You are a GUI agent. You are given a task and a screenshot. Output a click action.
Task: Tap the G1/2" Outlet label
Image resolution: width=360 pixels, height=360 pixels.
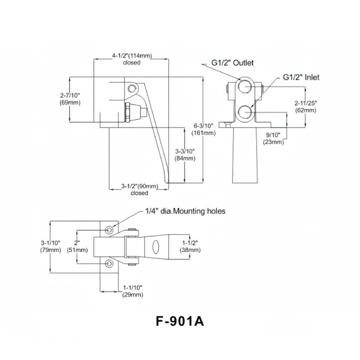[x=233, y=63]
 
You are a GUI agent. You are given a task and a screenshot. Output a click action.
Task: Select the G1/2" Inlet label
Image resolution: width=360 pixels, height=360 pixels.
[x=301, y=77]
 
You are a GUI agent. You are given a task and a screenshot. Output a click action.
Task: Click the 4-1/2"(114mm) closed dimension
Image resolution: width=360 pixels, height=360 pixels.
[x=131, y=59]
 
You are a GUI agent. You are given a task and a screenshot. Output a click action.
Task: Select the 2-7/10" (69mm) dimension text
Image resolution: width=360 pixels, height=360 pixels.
[x=70, y=99]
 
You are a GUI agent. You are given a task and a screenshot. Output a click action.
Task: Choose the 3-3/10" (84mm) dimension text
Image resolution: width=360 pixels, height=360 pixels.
[x=185, y=154]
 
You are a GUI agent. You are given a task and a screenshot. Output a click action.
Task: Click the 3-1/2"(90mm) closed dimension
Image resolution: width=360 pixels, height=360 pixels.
[x=139, y=189]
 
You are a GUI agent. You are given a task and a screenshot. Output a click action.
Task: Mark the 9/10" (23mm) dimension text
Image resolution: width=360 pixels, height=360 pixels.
[x=274, y=138]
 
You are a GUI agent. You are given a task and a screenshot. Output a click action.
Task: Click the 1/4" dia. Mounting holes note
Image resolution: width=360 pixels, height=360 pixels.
[x=185, y=211]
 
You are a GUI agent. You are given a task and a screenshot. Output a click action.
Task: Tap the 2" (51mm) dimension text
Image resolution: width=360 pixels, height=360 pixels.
[x=75, y=247]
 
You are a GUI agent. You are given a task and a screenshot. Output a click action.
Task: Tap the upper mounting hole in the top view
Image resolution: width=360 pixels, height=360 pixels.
[x=110, y=230]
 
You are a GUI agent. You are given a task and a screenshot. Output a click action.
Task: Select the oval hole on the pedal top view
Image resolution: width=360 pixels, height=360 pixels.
[x=156, y=247]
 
